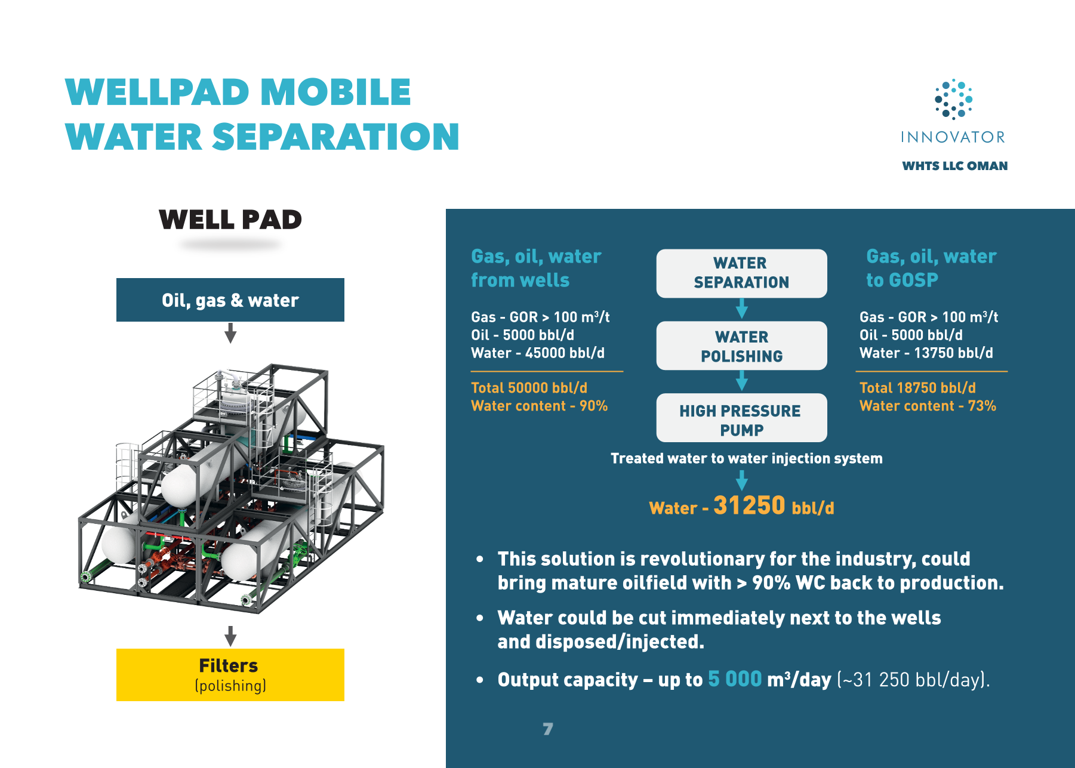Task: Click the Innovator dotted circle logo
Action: click(953, 99)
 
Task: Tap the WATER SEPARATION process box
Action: click(741, 273)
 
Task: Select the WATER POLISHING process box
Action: click(741, 346)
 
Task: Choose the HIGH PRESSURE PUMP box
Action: click(741, 418)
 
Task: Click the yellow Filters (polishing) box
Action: click(230, 675)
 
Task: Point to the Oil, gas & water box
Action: click(230, 300)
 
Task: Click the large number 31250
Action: click(749, 505)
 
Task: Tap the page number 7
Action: click(548, 729)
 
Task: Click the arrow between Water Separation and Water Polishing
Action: click(742, 309)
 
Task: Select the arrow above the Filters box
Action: click(230, 636)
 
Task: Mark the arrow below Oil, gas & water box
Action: click(230, 333)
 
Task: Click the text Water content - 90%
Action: click(539, 406)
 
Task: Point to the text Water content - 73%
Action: click(928, 406)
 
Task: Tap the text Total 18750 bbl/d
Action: click(917, 388)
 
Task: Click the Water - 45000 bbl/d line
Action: click(538, 353)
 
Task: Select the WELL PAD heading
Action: click(230, 220)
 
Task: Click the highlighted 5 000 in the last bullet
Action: click(735, 679)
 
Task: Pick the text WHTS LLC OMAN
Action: click(954, 166)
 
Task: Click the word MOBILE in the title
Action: click(335, 92)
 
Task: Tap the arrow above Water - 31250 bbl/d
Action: click(742, 480)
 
